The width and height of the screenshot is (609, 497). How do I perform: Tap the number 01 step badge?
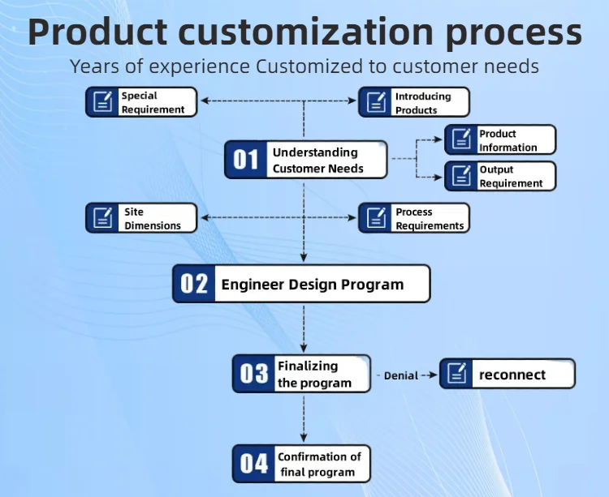click(246, 160)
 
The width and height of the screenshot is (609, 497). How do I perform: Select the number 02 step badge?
click(195, 284)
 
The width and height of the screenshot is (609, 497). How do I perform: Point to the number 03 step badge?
click(254, 374)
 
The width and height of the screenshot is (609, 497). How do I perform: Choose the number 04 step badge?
click(254, 464)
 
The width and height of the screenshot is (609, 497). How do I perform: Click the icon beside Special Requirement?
click(102, 102)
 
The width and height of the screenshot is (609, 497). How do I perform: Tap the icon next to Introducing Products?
click(375, 102)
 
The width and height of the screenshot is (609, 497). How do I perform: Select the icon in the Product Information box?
click(461, 139)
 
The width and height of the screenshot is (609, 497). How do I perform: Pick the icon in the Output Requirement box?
click(461, 176)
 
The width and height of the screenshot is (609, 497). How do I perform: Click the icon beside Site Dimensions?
click(102, 217)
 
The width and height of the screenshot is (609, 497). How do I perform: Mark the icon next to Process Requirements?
click(375, 217)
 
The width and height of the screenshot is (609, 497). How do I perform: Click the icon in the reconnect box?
click(457, 374)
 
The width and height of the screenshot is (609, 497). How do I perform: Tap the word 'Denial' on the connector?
click(401, 375)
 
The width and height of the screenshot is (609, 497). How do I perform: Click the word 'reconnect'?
click(512, 375)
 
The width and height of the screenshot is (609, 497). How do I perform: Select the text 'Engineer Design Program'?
click(313, 285)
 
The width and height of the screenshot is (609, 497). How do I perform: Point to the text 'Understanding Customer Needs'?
click(317, 161)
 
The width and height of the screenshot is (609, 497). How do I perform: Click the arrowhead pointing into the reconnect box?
click(434, 375)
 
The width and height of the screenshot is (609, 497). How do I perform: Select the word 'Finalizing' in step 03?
click(308, 366)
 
